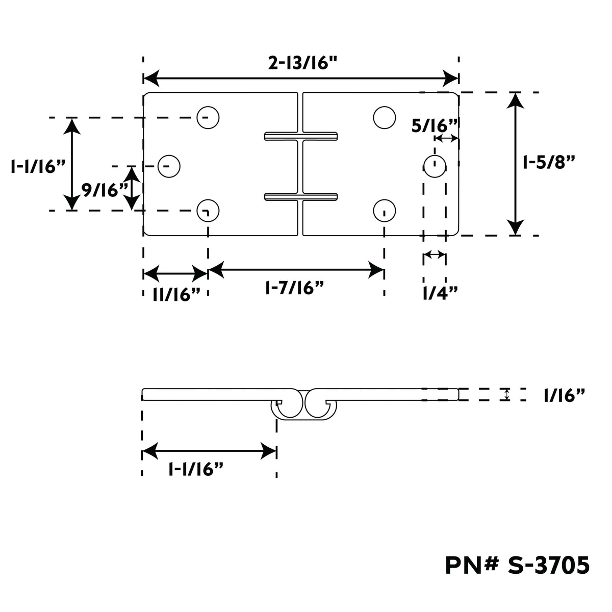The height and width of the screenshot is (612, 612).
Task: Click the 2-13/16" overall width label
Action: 302,63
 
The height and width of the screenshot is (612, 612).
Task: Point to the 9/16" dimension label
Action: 105,190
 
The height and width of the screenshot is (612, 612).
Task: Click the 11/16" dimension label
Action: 176,294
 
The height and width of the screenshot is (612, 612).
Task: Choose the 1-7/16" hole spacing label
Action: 294,288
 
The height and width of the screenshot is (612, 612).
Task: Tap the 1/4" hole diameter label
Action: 440,293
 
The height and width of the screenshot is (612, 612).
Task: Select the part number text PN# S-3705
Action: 517,565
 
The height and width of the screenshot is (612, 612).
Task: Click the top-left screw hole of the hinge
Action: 208,117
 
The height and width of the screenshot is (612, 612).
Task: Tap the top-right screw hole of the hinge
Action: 385,117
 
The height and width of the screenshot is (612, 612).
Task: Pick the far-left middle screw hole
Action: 169,166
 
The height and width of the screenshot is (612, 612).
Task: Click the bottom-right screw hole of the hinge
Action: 385,211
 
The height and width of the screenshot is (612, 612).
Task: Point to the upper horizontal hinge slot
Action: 301,136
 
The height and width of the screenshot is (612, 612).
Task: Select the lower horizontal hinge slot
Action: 301,197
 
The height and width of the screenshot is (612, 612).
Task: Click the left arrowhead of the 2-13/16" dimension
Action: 151,78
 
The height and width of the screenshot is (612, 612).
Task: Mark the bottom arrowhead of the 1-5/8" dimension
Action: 515,227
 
